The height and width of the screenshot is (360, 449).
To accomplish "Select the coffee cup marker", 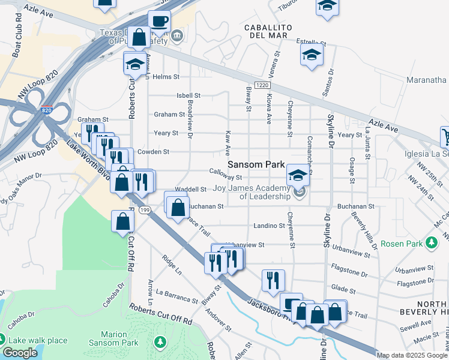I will coord(160,22).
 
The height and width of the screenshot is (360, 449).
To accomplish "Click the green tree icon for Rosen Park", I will coord(431,244).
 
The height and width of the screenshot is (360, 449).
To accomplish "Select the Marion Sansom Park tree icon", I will coord(160,342).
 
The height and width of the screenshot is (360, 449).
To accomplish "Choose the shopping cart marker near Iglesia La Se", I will coord(445,136).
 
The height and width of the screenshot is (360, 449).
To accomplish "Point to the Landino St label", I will coord(268,226).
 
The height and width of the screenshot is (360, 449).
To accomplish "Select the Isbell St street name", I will coord(188,95).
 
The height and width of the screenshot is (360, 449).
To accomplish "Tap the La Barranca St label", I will coord(176,296).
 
